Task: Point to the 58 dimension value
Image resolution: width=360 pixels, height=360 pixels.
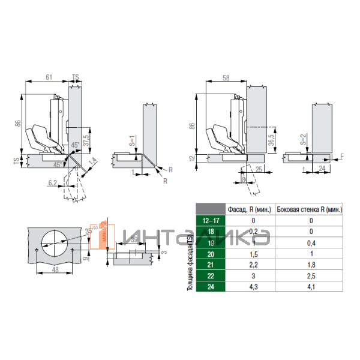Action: point(225,78)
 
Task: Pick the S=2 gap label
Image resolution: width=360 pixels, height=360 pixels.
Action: point(304,142)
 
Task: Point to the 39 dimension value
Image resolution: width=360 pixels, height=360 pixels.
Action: point(134,239)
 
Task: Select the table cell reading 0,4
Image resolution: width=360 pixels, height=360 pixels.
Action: point(311,242)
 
